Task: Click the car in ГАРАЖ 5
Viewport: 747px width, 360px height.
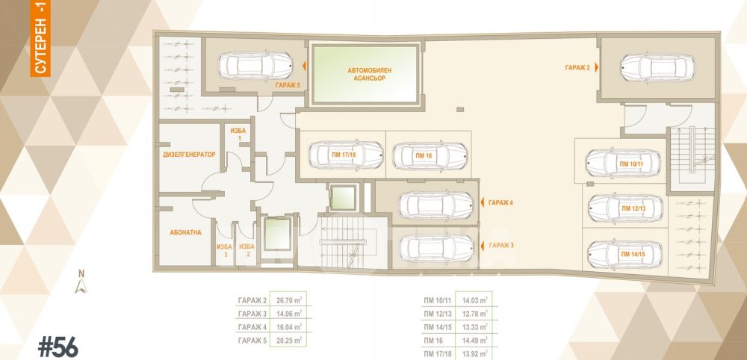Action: click(255, 66)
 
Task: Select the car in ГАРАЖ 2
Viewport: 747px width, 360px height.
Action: click(657, 68)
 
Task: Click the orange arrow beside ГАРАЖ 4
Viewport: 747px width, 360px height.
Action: click(482, 203)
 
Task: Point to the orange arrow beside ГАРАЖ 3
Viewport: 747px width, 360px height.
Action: click(482, 246)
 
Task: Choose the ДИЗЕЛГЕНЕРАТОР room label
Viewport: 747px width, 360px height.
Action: click(189, 155)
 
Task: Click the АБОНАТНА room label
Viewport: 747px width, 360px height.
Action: click(185, 232)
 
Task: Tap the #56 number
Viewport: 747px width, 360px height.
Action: click(58, 347)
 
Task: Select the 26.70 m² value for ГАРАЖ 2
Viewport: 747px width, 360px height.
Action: click(288, 300)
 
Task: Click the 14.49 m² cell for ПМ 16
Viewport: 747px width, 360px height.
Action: click(475, 341)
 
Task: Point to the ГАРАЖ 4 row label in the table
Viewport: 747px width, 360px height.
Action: click(251, 328)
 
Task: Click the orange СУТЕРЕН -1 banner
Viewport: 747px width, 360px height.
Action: click(40, 38)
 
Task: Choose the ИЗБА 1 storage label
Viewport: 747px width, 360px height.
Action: click(237, 134)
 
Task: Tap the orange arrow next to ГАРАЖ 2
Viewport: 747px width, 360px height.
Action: click(596, 68)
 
